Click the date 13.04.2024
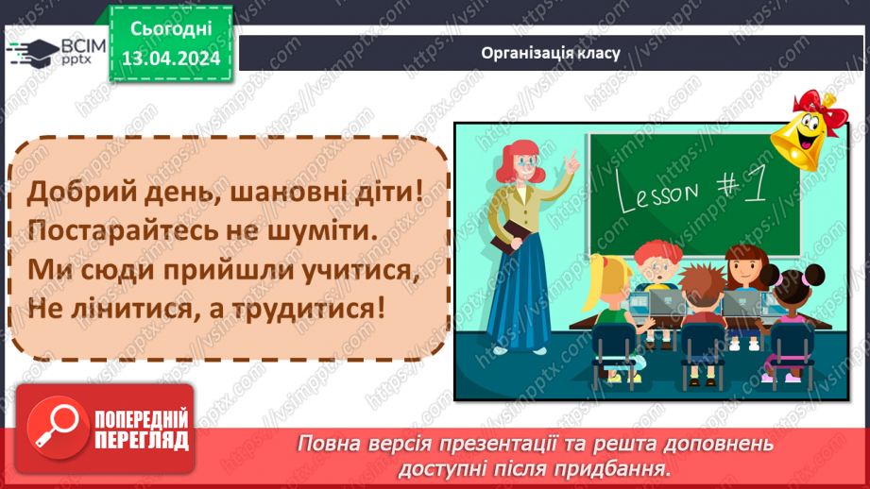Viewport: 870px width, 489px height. tap(170, 59)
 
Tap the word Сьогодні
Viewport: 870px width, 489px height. tap(170, 28)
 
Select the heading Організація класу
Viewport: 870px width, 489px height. tap(550, 52)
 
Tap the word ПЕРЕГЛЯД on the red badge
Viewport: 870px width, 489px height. tap(143, 439)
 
